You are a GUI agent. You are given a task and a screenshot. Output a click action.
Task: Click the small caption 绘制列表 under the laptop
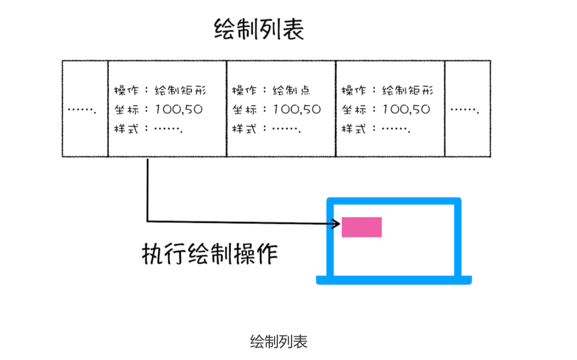(x=278, y=342)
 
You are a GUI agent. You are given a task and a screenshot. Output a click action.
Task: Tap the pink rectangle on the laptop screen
(x=362, y=227)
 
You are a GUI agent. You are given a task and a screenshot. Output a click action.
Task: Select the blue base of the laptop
(x=393, y=280)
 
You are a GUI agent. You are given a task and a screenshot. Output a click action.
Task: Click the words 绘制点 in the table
(x=291, y=90)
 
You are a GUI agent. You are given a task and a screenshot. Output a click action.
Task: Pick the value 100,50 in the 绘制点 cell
(x=297, y=110)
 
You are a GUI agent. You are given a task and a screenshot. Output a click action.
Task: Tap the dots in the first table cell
(x=82, y=110)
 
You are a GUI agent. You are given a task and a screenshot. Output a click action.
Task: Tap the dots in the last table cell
(x=465, y=110)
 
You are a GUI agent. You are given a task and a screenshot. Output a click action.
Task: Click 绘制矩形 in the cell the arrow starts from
(x=180, y=90)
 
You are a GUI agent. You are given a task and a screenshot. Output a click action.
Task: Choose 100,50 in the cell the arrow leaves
(x=179, y=110)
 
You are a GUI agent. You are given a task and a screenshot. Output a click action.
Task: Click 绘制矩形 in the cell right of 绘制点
(x=408, y=90)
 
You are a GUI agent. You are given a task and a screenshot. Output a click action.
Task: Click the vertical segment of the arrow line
(x=147, y=190)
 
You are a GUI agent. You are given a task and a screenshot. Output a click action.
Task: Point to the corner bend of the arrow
(x=147, y=221)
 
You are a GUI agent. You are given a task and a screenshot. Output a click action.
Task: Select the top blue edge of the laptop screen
(x=394, y=200)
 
